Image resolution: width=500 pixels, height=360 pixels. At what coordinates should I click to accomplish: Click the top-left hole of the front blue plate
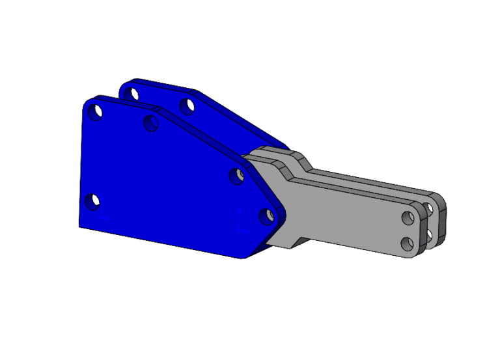[96, 111]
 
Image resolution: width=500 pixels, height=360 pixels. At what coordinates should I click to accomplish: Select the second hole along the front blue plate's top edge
[151, 122]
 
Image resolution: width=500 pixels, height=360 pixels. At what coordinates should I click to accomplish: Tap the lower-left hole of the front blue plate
[93, 200]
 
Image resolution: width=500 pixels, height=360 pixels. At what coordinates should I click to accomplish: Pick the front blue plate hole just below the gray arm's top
[238, 174]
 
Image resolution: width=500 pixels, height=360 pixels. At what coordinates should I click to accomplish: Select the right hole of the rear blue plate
[187, 105]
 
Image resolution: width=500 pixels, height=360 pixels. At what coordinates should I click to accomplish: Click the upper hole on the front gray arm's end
[408, 217]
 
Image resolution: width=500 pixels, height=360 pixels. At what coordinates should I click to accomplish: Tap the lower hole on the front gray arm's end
[408, 243]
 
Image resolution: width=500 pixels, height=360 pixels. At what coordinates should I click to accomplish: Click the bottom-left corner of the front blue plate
[79, 226]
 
